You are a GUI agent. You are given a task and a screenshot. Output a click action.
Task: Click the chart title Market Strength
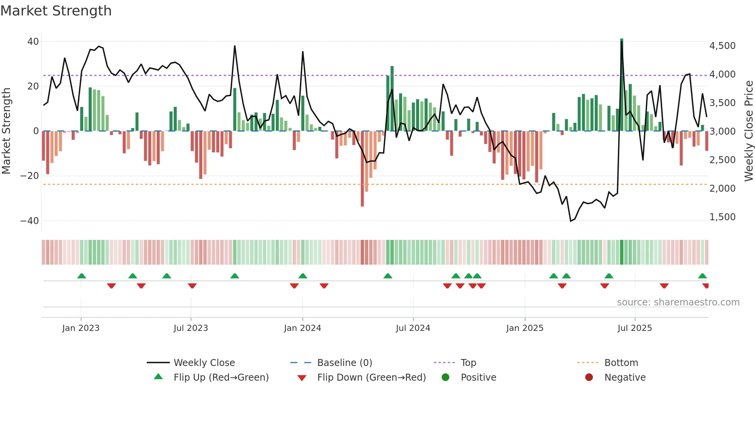(x=56, y=11)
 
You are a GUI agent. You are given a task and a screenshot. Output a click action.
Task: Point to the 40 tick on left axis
(x=33, y=41)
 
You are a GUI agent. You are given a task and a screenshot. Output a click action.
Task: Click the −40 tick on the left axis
(x=30, y=221)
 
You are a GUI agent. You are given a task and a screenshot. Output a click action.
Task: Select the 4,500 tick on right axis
(x=722, y=46)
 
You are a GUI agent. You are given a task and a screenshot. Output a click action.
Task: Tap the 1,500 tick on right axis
(x=722, y=217)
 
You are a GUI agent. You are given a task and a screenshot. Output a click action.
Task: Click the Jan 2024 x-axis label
(x=302, y=328)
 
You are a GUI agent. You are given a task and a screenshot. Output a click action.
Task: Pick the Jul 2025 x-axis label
(x=634, y=328)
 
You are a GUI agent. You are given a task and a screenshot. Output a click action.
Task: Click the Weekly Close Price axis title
(x=748, y=131)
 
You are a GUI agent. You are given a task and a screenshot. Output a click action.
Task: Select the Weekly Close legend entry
(x=204, y=363)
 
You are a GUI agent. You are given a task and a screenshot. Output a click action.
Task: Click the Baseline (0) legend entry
(x=344, y=363)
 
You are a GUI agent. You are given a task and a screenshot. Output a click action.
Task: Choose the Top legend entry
(x=468, y=363)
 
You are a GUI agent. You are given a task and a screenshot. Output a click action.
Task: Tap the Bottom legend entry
(x=621, y=363)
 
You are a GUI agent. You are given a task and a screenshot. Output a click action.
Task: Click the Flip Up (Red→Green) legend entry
(x=221, y=377)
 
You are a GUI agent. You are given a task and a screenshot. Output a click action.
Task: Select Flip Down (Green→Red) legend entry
(x=371, y=377)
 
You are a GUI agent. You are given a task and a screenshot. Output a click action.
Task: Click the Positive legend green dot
(x=446, y=377)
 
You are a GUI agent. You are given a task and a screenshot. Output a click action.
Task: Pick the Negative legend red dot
(x=589, y=377)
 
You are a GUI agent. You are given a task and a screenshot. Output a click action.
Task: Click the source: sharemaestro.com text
(x=678, y=302)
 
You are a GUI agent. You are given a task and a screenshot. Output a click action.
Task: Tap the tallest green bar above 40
(x=622, y=85)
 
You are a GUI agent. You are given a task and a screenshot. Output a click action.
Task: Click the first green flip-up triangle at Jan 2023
(x=82, y=276)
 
